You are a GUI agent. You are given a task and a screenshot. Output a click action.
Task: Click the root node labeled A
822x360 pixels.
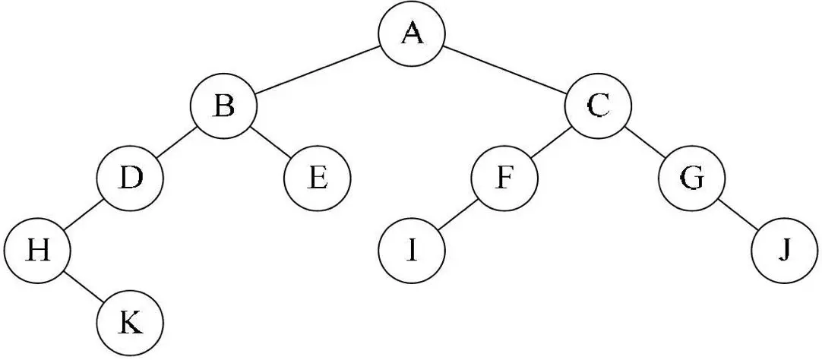412,34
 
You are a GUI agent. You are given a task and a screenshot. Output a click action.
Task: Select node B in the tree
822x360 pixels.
223,106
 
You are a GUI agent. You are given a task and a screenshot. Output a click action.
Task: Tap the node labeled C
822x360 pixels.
598,106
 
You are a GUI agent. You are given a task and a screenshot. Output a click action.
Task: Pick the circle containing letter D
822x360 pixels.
130,179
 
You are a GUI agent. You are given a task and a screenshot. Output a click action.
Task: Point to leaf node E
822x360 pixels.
317,179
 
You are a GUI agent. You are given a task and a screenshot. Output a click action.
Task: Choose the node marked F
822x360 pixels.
504,179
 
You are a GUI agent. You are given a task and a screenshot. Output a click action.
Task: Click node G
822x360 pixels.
691,179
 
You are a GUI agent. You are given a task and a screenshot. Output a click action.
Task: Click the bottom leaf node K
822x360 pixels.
130,324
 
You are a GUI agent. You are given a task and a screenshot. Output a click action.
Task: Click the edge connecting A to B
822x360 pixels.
318,70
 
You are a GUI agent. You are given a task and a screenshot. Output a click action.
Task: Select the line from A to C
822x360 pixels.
505,70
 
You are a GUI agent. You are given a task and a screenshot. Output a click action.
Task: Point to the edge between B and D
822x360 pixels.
176,143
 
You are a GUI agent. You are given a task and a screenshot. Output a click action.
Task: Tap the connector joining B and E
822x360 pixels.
270,143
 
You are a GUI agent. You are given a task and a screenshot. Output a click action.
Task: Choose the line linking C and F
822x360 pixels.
551,143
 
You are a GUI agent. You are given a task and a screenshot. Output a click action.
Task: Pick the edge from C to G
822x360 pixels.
644,143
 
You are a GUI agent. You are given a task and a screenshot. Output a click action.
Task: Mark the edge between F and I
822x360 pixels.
457,216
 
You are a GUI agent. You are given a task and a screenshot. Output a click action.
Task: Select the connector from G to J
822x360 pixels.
738,216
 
